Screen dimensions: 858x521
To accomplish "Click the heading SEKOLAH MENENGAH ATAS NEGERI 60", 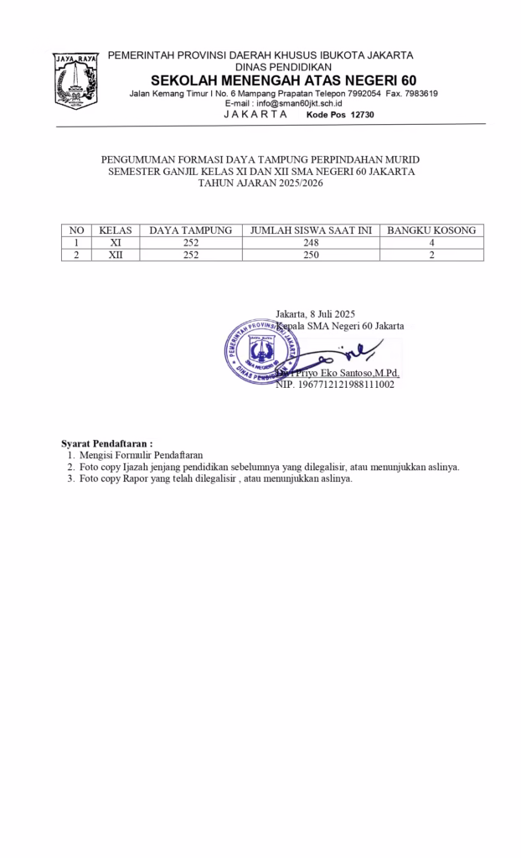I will pyautogui.click(x=283, y=80).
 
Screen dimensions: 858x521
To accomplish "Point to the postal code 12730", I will pyautogui.click(x=358, y=114).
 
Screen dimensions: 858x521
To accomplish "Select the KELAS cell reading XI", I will pyautogui.click(x=116, y=243).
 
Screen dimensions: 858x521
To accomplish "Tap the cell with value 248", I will pyautogui.click(x=310, y=243).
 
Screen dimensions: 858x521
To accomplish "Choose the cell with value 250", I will pyautogui.click(x=310, y=256).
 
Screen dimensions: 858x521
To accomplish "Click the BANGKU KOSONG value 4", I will pyautogui.click(x=431, y=243).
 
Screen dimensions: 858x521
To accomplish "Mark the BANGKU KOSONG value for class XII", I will pyautogui.click(x=431, y=256).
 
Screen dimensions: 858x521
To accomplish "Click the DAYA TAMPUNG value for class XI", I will pyautogui.click(x=190, y=243).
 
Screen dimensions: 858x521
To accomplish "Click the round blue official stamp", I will pyautogui.click(x=260, y=350).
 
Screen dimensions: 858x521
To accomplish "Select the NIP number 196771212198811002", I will pyautogui.click(x=335, y=385).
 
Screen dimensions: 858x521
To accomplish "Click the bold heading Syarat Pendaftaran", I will pyautogui.click(x=106, y=442).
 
